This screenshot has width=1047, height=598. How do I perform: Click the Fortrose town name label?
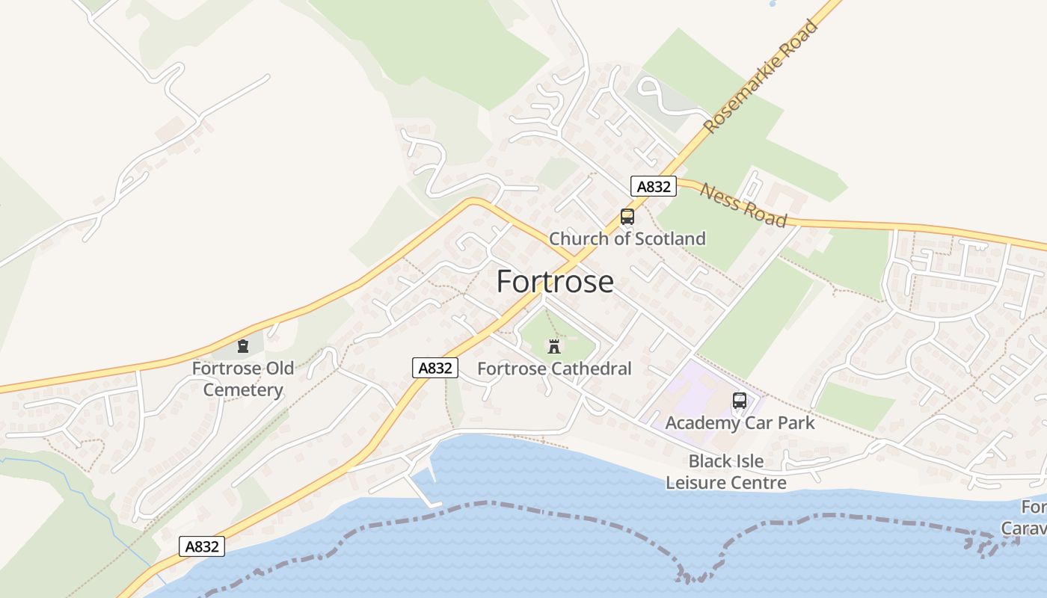pyautogui.click(x=555, y=282)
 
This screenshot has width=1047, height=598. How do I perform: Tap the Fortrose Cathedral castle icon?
pyautogui.click(x=554, y=346)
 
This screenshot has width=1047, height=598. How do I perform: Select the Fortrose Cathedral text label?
pyautogui.click(x=554, y=369)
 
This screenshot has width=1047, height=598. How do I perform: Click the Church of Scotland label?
pyautogui.click(x=627, y=238)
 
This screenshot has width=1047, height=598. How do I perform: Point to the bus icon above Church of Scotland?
pyautogui.click(x=627, y=217)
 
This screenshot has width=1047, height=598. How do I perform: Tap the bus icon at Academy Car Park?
pyautogui.click(x=740, y=401)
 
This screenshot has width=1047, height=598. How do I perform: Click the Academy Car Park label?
pyautogui.click(x=740, y=423)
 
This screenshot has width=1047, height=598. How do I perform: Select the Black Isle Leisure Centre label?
pyautogui.click(x=726, y=472)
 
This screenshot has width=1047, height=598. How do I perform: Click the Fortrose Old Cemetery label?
pyautogui.click(x=243, y=379)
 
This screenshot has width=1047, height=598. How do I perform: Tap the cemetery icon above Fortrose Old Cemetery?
pyautogui.click(x=243, y=346)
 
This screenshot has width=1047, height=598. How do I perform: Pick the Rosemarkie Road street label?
pyautogui.click(x=761, y=77)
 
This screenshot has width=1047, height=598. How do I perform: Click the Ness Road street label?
pyautogui.click(x=743, y=204)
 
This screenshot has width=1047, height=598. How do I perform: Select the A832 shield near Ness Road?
pyautogui.click(x=654, y=186)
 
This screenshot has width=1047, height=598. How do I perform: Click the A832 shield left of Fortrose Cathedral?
pyautogui.click(x=435, y=368)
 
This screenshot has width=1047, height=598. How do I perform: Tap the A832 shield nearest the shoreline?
pyautogui.click(x=202, y=546)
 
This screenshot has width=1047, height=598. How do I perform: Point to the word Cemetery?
pyautogui.click(x=243, y=390)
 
